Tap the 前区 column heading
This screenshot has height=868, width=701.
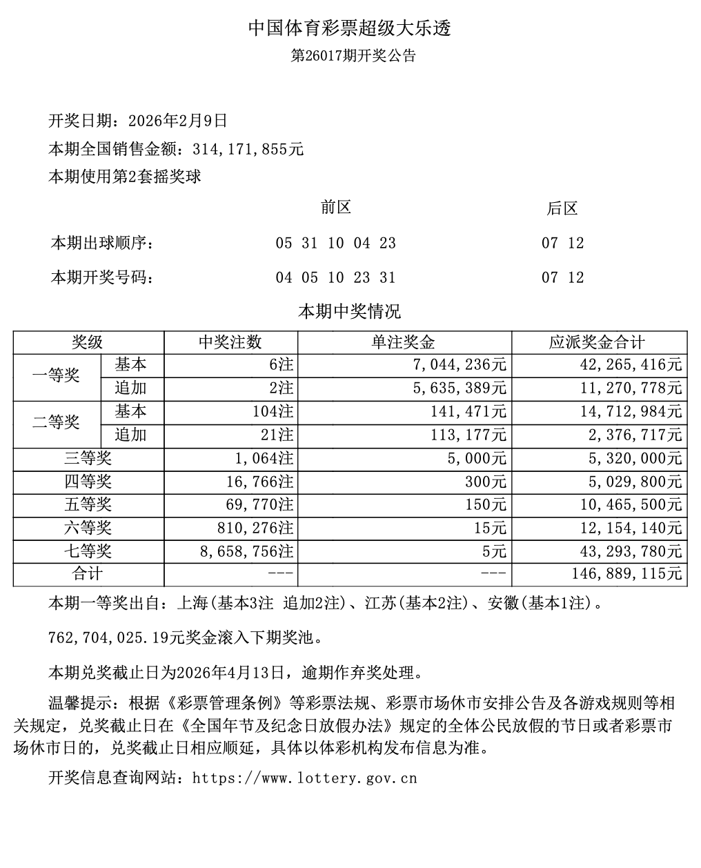point(336,207)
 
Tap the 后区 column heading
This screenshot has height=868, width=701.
point(562,208)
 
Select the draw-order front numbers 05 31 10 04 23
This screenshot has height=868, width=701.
point(336,243)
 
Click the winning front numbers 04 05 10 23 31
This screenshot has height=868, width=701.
point(336,277)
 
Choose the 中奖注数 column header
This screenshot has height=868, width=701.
point(230,342)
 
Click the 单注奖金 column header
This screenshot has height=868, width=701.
point(404,342)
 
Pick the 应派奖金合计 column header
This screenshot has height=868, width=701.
point(599,342)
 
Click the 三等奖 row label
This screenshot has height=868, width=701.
point(88,458)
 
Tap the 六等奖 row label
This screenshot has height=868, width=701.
point(88,529)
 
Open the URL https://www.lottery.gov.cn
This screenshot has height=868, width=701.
point(305,778)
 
